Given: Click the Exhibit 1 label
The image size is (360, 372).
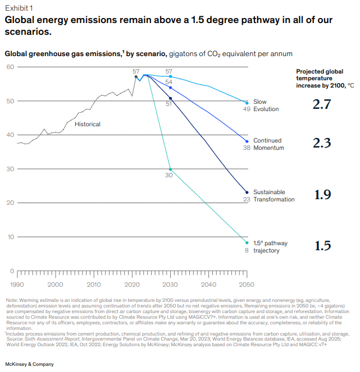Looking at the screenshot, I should pyautogui.click(x=19, y=8).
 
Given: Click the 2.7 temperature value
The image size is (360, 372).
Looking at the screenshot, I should pyautogui.click(x=322, y=104).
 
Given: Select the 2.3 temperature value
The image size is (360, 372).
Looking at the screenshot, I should pyautogui.click(x=322, y=144).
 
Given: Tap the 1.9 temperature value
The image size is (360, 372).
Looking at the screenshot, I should pyautogui.click(x=322, y=195).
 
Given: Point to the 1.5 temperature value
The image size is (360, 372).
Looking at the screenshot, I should pyautogui.click(x=322, y=246).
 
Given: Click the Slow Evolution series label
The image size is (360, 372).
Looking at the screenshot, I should pyautogui.click(x=266, y=105).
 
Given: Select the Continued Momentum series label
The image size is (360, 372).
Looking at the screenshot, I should pyautogui.click(x=268, y=144).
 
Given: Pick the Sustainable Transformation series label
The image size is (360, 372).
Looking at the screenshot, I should pyautogui.click(x=274, y=195).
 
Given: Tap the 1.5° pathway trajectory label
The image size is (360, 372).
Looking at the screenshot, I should pyautogui.click(x=270, y=247).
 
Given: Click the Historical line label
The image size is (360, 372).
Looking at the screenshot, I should pyautogui.click(x=88, y=124).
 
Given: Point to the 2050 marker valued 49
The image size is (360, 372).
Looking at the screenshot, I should pyautogui.click(x=247, y=103).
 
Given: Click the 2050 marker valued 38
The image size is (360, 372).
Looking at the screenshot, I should pyautogui.click(x=247, y=141).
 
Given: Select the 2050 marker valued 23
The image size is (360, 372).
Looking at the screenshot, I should pyautogui.click(x=247, y=192).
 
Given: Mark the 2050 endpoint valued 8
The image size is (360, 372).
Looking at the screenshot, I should pyautogui.click(x=247, y=243).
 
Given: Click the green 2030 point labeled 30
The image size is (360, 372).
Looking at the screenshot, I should pyautogui.click(x=170, y=169).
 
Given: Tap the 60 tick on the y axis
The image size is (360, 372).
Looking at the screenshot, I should pyautogui.click(x=11, y=67).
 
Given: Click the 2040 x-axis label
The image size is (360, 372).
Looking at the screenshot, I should pyautogui.click(x=208, y=284).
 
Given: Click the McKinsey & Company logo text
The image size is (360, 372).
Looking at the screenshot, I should pyautogui.click(x=30, y=364).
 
